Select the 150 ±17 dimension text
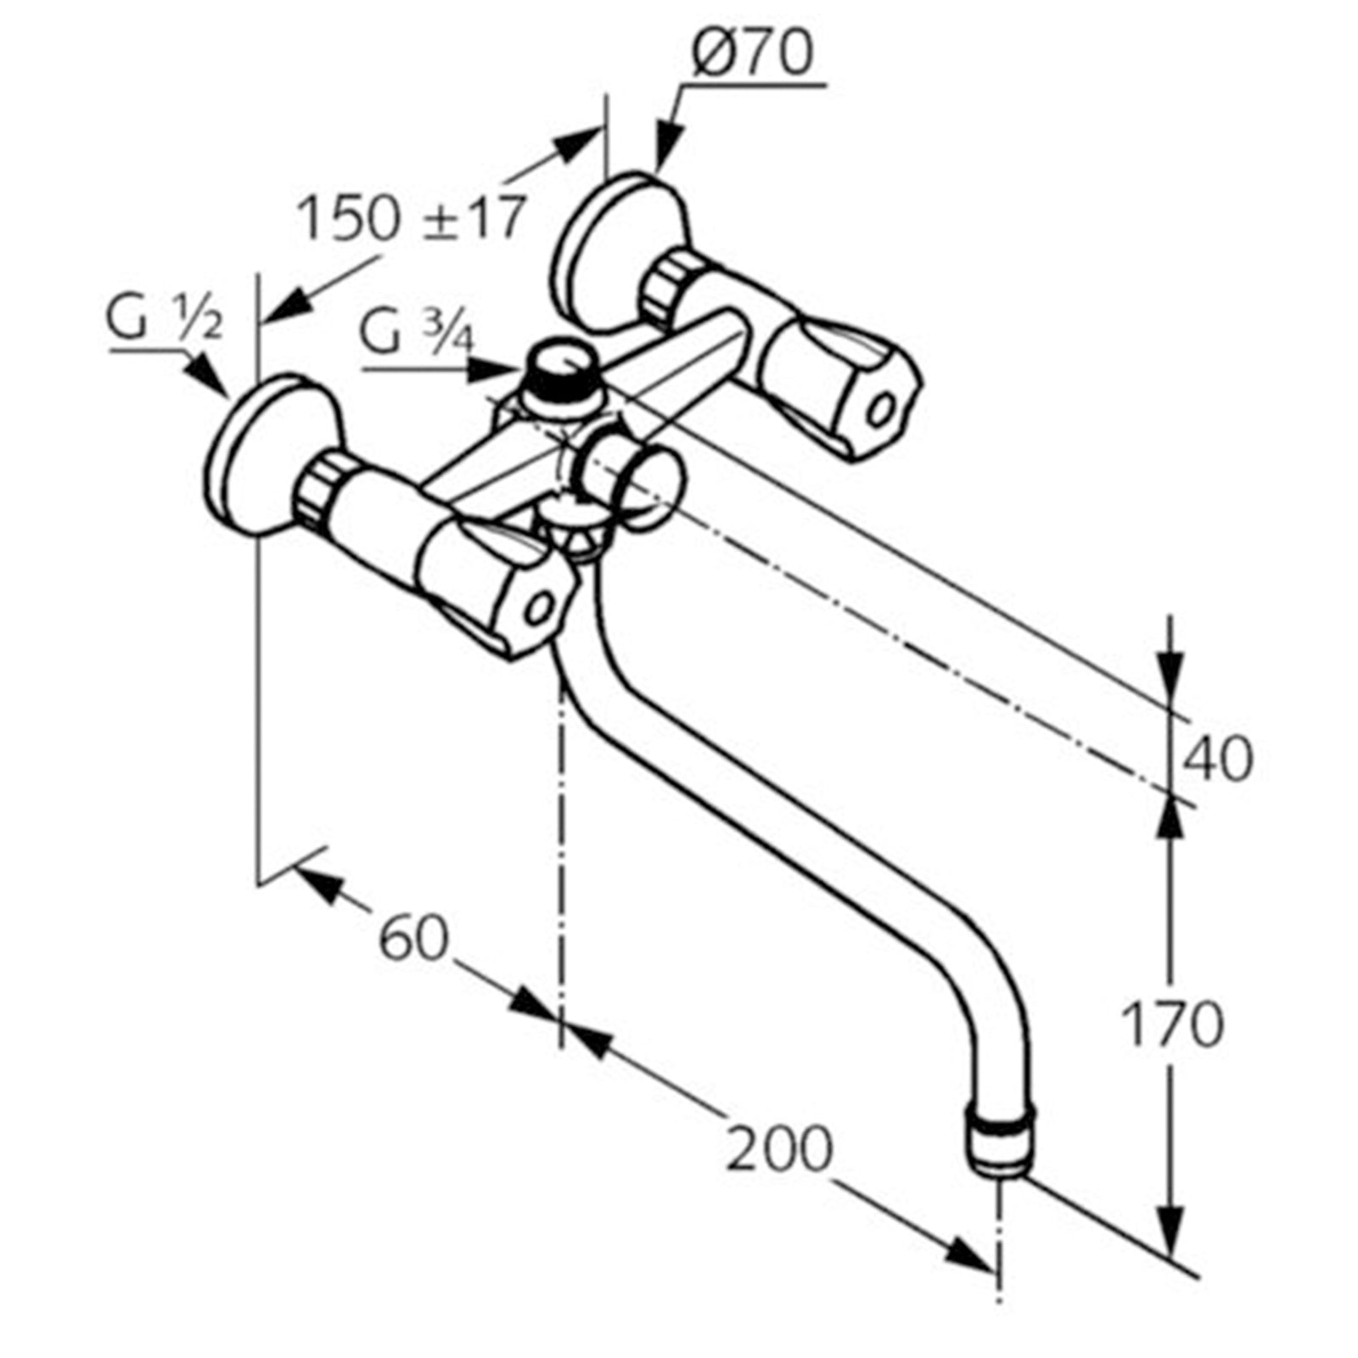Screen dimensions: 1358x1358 coord(412,218)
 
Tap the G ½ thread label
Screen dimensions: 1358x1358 coord(164,320)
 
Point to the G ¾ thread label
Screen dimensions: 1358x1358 coord(416,334)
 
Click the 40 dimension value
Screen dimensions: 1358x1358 coord(1218,758)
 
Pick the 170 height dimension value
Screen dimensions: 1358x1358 coord(1172,1024)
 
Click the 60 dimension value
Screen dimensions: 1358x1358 coord(413,940)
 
